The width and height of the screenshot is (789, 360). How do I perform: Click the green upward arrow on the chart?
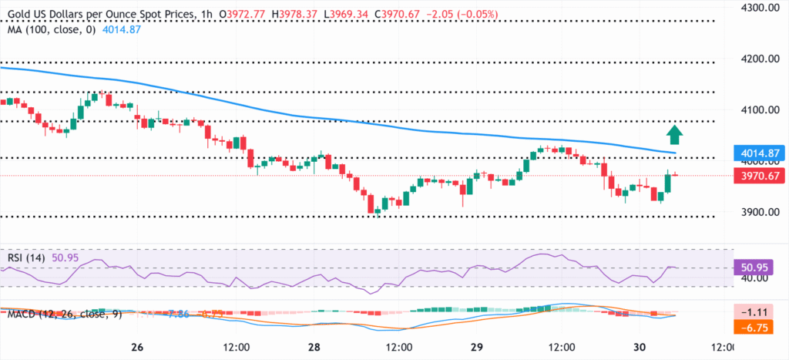coord(675,134)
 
